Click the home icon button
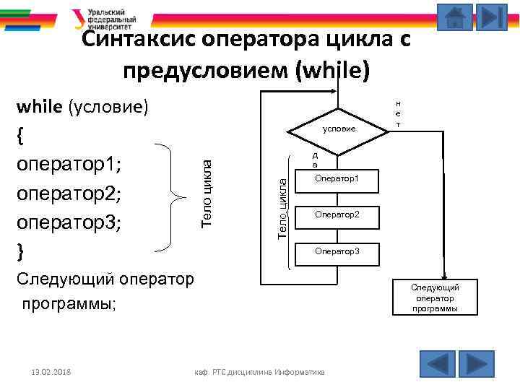coord(455,17)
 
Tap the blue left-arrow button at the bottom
coord(437,363)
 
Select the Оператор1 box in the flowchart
coord(337,179)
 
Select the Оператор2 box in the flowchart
coord(337,215)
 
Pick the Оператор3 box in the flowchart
coord(337,252)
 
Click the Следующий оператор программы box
coord(435,298)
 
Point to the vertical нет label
coord(399,115)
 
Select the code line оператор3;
coord(69,222)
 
